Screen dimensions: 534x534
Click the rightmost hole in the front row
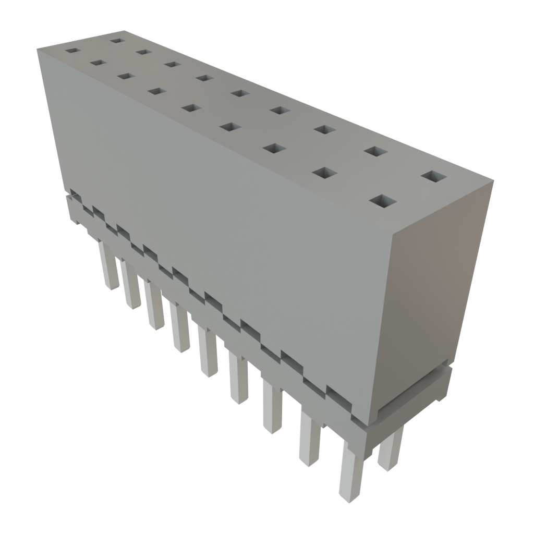click(382, 201)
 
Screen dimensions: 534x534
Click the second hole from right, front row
click(324, 172)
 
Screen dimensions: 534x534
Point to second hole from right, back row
click(375, 151)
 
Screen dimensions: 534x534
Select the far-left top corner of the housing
click(38, 48)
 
